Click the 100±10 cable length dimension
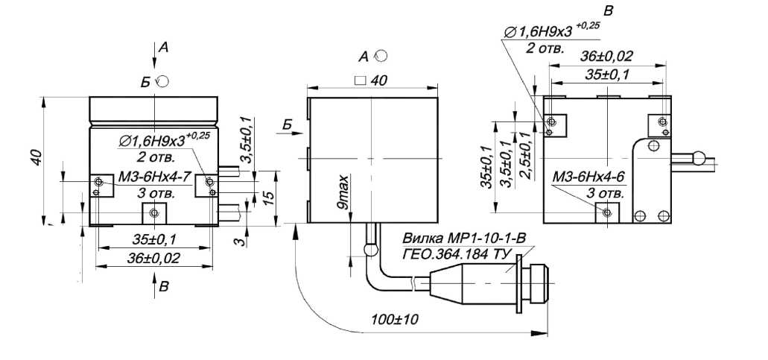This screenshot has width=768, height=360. coord(394,320)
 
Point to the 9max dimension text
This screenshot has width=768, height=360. coord(346,192)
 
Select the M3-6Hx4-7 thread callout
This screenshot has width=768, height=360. coord(153,177)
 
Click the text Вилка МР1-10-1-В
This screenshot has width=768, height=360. coord(464,239)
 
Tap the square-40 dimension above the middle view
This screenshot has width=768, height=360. coord(370,80)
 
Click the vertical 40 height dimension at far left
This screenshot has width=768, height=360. coord(38,157)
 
